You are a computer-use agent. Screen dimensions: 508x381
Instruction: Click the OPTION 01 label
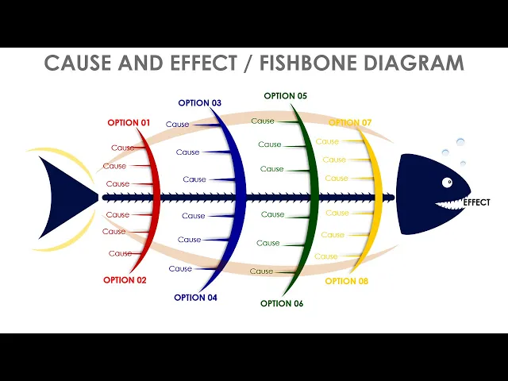tap(129, 123)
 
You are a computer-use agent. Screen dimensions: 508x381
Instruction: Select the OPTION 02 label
tap(125, 279)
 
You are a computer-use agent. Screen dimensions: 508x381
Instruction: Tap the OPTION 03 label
tap(199, 103)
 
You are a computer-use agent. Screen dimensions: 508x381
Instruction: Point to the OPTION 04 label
tap(195, 298)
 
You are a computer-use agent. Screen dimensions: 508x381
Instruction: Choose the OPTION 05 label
tap(285, 96)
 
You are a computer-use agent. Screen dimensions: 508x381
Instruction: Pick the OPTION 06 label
tap(282, 303)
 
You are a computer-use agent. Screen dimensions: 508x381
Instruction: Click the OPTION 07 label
tap(350, 123)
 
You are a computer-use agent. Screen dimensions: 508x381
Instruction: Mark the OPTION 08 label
tap(347, 281)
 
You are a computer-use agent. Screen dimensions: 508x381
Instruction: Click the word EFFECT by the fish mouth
tap(476, 202)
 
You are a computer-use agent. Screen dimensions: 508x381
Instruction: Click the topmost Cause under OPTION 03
tap(178, 125)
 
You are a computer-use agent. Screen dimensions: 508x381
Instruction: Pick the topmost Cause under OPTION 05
tap(263, 121)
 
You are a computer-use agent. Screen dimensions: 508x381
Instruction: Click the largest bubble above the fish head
tap(459, 143)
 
